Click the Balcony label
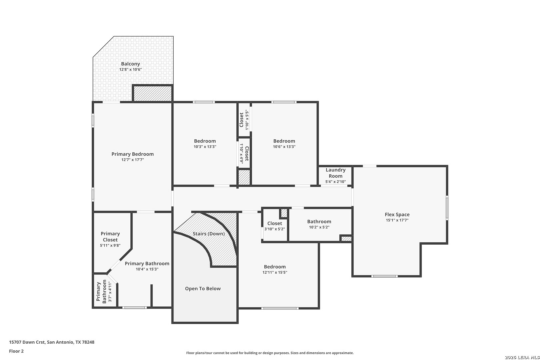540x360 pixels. [x=130, y=64]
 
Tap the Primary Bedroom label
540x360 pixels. [x=133, y=154]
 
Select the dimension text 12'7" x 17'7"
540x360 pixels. [x=133, y=160]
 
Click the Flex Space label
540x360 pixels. [x=397, y=215]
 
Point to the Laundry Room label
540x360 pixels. [x=336, y=173]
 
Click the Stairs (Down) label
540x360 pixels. [x=209, y=234]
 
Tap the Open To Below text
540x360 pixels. [x=203, y=289]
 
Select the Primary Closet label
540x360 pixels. [x=110, y=237]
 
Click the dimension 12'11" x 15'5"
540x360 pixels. [x=275, y=272]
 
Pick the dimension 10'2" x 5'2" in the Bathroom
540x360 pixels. [x=319, y=227]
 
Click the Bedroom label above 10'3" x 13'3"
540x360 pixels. [x=205, y=141]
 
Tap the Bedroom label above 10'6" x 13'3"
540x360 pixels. [x=284, y=141]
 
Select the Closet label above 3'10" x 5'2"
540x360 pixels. [x=275, y=224]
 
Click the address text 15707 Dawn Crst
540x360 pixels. [x=27, y=342]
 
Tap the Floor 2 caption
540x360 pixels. [x=16, y=351]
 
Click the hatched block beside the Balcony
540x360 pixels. [x=153, y=94]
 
